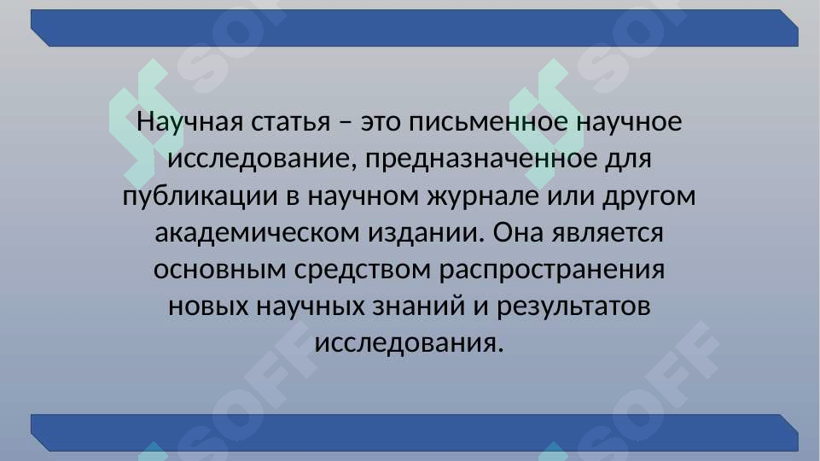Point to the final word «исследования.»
pyautogui.click(x=410, y=343)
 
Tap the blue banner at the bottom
pyautogui.click(x=415, y=433)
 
